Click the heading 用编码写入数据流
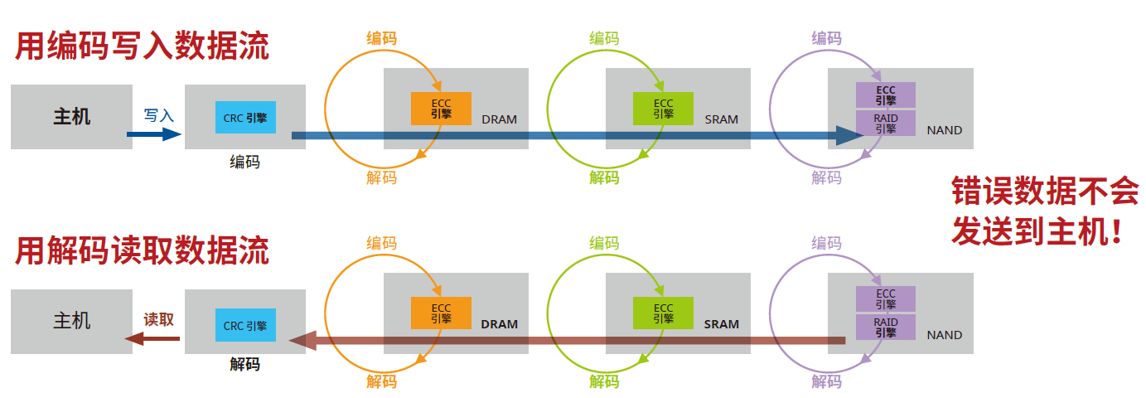point(142,46)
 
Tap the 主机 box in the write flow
point(71,116)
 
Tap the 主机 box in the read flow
point(71,320)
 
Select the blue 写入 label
point(158,115)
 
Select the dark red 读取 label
point(158,319)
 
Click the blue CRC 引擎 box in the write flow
point(245,118)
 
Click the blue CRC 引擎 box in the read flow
point(245,326)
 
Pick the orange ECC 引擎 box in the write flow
point(441,109)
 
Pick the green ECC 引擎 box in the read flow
point(663,313)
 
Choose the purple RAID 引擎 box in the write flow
point(885,124)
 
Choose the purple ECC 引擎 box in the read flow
point(885,298)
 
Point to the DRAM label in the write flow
point(499,119)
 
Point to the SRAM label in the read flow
point(721,324)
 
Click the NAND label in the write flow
point(945,130)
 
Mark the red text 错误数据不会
point(1044,192)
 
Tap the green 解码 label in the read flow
point(604,381)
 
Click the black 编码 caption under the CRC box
point(244,163)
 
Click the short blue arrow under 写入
point(154,133)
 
